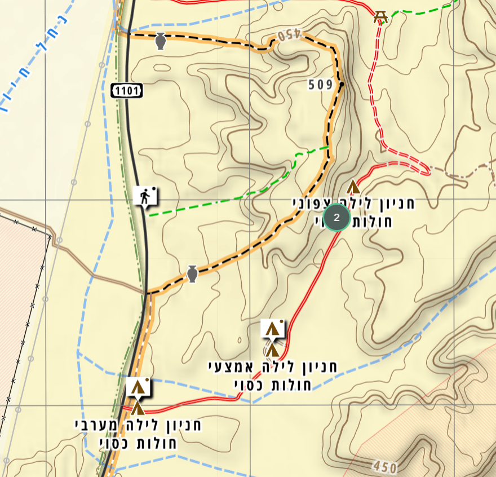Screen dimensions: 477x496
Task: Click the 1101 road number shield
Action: tap(126, 90)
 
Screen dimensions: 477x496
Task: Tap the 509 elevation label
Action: tap(321, 85)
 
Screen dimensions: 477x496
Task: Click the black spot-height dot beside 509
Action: tap(342, 85)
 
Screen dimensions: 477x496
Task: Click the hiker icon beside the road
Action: tap(147, 197)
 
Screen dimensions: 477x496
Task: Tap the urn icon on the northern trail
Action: tap(161, 41)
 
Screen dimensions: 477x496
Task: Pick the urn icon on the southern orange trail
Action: tap(192, 274)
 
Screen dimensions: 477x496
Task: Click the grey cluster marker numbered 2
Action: tap(337, 217)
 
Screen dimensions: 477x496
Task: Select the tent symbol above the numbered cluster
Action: tap(353, 187)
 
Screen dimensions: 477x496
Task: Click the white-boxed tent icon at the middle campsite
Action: tap(273, 328)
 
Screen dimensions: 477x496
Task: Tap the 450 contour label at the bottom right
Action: tap(385, 467)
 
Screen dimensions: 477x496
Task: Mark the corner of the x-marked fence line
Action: tap(50, 235)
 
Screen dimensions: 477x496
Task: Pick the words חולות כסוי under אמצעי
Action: tap(273, 385)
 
